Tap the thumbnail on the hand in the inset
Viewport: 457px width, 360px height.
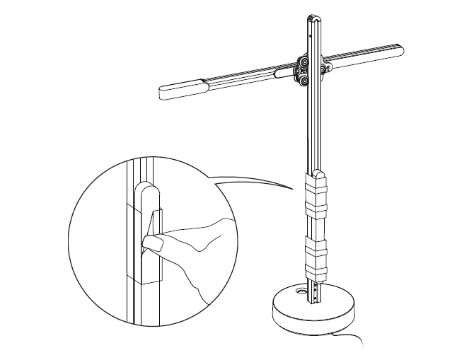151,243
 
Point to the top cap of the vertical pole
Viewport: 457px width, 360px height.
312,14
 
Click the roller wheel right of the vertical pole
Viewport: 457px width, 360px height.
327,68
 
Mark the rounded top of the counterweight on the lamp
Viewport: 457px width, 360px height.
318,173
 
